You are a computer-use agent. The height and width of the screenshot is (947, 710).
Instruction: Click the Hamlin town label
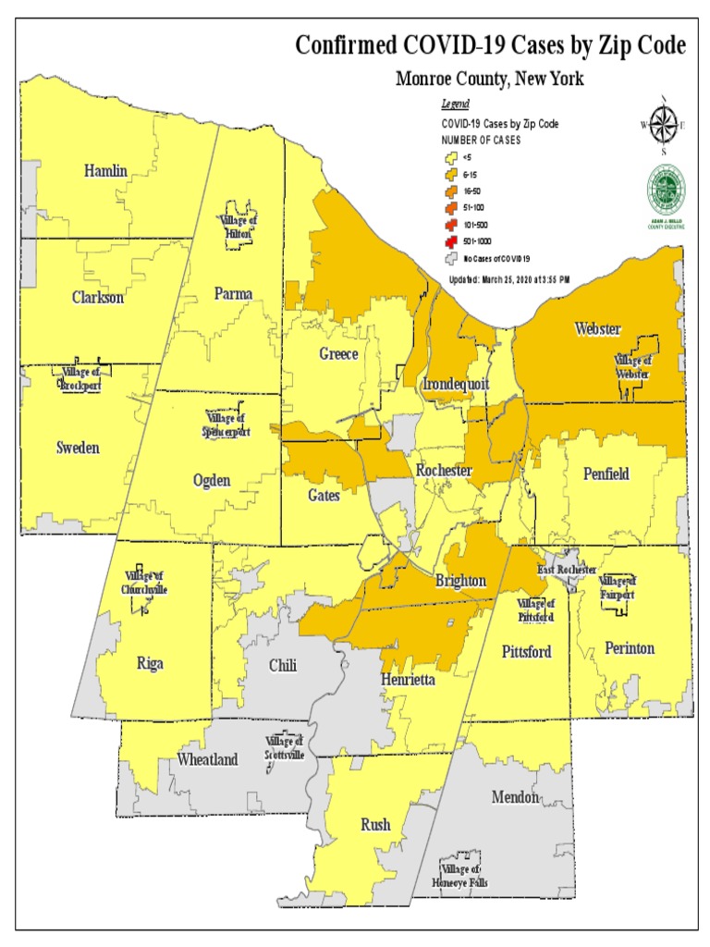point(105,170)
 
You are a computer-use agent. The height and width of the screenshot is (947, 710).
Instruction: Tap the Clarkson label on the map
point(97,298)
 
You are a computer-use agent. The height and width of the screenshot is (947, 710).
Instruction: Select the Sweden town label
point(78,448)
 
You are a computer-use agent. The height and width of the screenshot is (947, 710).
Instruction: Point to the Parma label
point(233,294)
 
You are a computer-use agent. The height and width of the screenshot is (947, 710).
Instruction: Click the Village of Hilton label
point(239,227)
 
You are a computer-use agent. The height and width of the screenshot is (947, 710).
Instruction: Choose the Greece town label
point(338,354)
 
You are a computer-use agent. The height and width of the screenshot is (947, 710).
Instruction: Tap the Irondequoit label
point(455,384)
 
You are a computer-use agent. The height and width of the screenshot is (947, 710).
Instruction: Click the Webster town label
point(597,329)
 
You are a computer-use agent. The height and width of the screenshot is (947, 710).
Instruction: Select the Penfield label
point(606,473)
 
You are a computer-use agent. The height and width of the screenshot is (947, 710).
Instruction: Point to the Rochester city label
point(444,471)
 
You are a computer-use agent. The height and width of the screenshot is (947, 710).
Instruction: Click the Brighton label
point(459,581)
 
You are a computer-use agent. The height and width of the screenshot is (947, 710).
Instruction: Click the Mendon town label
point(515,796)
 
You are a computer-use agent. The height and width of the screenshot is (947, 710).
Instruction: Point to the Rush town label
point(374,824)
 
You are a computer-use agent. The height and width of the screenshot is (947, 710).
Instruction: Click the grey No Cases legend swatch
point(450,258)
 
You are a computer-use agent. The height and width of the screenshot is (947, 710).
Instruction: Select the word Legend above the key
point(456,105)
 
